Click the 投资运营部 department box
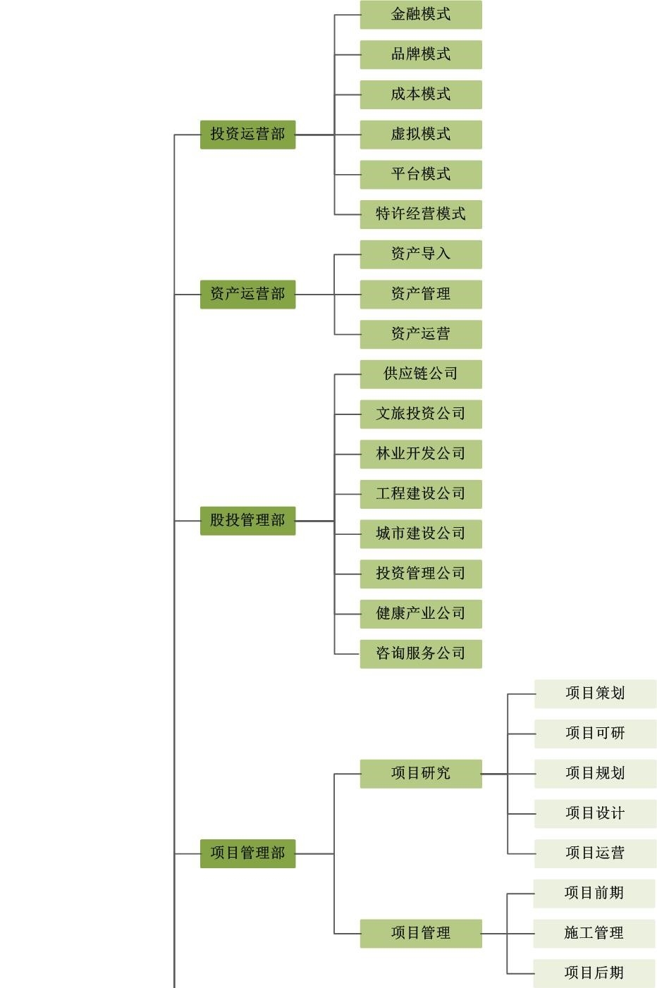pos(247,134)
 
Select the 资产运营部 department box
pos(247,294)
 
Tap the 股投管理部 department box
pos(247,520)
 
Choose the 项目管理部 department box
pos(247,853)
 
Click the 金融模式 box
pos(421,14)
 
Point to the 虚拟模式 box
pos(421,134)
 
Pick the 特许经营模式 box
pos(421,214)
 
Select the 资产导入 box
pos(421,254)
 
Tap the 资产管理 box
pos(421,294)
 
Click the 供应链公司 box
pos(421,373)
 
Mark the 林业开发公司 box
pos(421,454)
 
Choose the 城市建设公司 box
pos(421,533)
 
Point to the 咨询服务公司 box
pos(421,653)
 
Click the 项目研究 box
pos(421,773)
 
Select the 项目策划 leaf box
pos(595,693)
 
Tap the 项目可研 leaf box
pos(595,733)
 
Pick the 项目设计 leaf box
pos(595,813)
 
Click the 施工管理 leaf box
pos(594,933)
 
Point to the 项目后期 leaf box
pos(594,973)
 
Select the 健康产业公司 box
pos(421,613)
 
